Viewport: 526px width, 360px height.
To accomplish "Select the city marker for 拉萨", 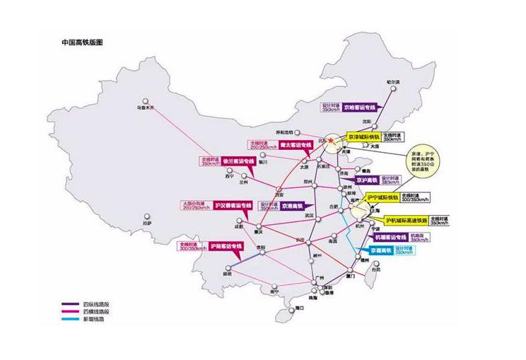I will tap(146, 216).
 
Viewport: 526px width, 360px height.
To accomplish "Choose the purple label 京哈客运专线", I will tap(358, 109).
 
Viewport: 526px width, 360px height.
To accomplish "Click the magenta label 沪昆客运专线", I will tap(225, 245).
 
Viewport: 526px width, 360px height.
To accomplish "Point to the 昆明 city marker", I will tap(228, 267).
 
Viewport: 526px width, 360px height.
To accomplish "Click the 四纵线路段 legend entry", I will tap(79, 305).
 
